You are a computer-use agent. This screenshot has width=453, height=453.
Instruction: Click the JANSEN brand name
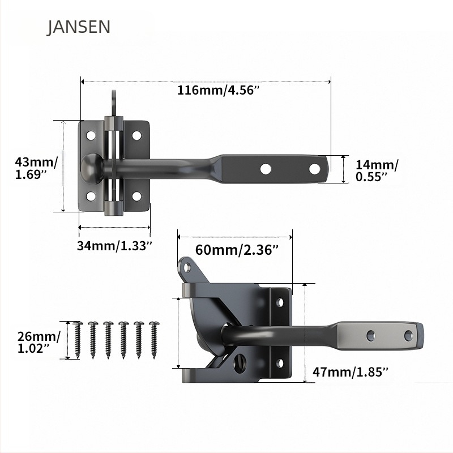click(x=78, y=27)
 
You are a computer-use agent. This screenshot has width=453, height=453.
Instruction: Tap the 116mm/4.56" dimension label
click(x=218, y=91)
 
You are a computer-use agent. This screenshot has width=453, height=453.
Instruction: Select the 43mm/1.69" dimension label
click(x=36, y=168)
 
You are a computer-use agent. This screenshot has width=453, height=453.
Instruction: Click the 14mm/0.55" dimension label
click(x=377, y=170)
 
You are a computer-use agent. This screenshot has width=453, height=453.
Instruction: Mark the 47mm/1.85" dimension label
click(x=351, y=371)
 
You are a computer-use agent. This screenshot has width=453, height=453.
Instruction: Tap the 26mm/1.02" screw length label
click(x=37, y=341)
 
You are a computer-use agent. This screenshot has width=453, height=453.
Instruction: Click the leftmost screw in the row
click(x=78, y=339)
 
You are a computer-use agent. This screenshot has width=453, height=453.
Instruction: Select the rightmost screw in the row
click(x=153, y=339)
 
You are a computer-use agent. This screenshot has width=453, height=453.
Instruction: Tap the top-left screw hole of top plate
click(x=91, y=135)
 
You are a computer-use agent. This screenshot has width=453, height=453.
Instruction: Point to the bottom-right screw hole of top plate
click(x=136, y=196)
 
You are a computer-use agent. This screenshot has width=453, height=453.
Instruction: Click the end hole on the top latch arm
click(x=314, y=168)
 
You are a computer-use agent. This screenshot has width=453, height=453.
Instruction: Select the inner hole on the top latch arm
click(x=265, y=168)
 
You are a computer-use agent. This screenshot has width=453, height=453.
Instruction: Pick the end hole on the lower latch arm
click(x=408, y=335)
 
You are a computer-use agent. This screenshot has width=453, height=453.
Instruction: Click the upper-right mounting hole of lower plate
click(x=280, y=302)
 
